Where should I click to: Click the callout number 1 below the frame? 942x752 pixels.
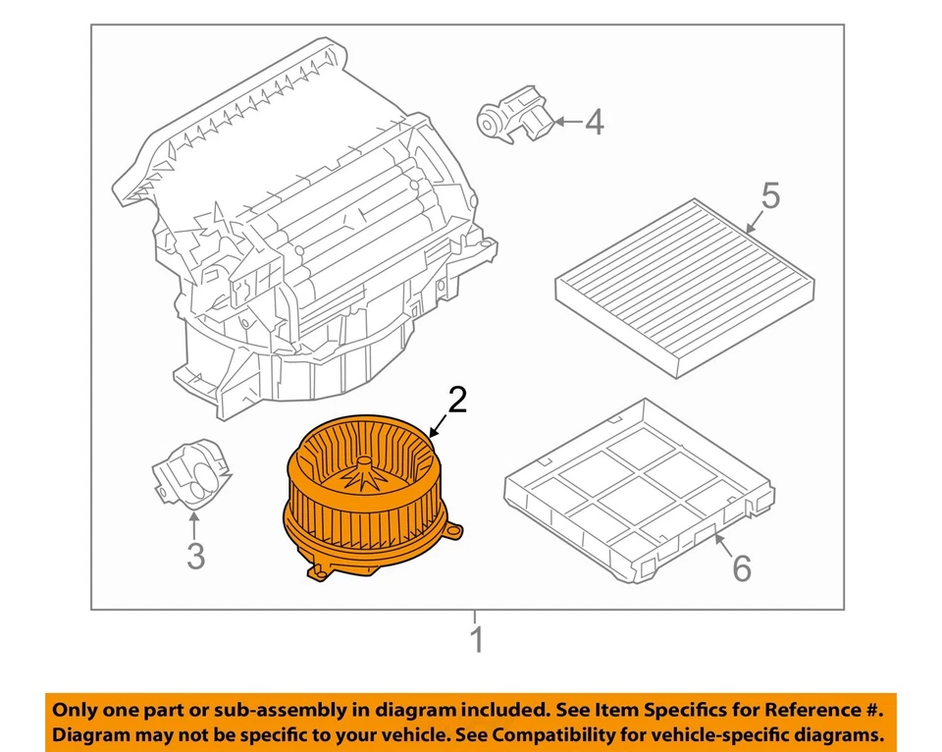point(476,641)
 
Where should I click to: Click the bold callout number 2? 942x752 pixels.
point(458,401)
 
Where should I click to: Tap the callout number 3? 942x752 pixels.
point(196,556)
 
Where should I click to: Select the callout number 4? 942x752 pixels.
point(594,123)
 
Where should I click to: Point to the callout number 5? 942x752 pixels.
point(771,195)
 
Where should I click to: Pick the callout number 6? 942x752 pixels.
point(741,566)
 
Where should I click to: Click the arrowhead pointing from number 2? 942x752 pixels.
point(433,433)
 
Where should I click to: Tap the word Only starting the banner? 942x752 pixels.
point(75,709)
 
